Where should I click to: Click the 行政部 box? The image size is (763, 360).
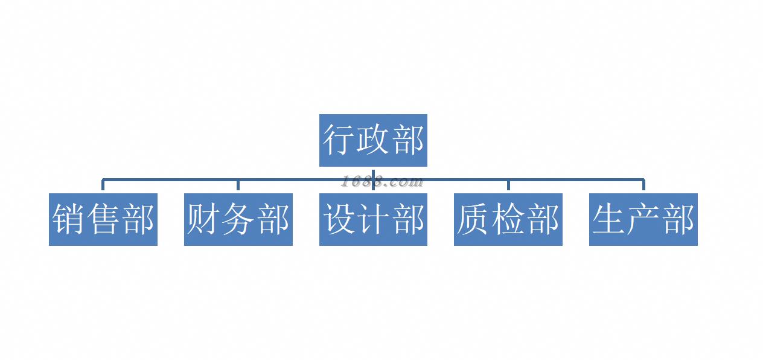(x=373, y=140)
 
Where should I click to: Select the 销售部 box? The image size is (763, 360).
(x=103, y=219)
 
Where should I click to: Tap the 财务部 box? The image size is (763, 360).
(x=238, y=219)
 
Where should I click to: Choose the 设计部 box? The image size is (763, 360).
(x=373, y=219)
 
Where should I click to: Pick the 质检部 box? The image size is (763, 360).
(x=508, y=219)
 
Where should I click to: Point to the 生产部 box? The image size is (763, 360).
(x=643, y=219)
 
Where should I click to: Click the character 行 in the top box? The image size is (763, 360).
(x=339, y=140)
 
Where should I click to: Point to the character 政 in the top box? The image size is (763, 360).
(x=373, y=140)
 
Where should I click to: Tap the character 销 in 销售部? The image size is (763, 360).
(x=68, y=219)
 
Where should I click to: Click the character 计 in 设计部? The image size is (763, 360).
(x=374, y=219)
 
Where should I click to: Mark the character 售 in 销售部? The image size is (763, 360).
(x=103, y=219)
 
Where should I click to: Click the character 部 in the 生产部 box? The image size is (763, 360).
(x=678, y=219)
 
